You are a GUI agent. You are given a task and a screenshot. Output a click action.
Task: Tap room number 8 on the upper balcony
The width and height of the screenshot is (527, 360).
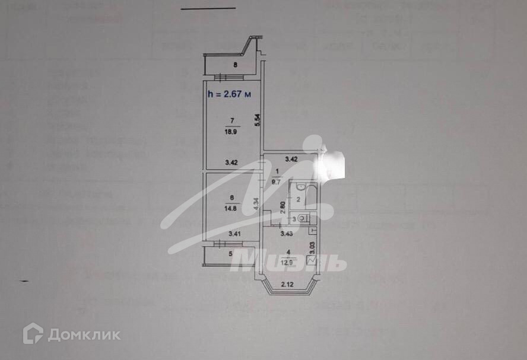click(x=236, y=66)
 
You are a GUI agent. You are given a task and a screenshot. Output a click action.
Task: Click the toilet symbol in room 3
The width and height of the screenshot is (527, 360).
click(x=304, y=218)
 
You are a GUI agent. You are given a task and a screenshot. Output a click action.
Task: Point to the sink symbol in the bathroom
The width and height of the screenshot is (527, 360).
click(x=301, y=187)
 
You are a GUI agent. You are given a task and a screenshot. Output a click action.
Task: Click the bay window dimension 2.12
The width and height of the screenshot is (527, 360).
click(x=288, y=284)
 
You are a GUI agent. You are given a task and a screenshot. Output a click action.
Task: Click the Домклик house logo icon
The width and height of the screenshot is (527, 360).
click(x=33, y=333)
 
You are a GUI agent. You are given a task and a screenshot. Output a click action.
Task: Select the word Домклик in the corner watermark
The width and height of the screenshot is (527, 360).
click(x=84, y=334)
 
